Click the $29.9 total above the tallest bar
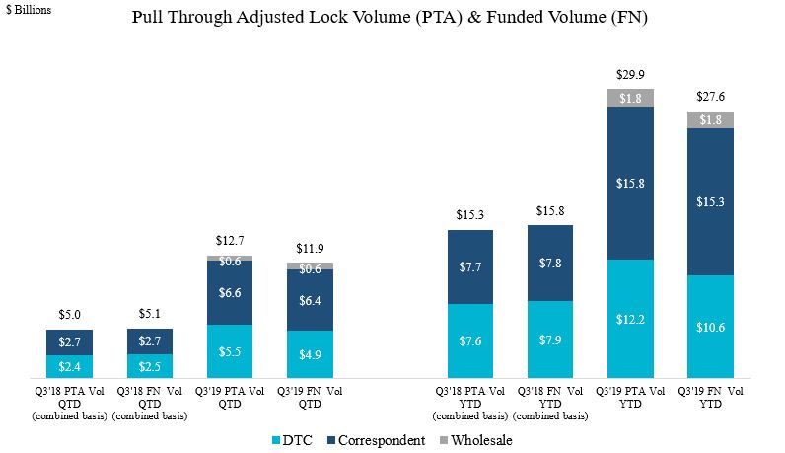(631, 75)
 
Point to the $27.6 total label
(711, 98)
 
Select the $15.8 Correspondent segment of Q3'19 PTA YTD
(631, 183)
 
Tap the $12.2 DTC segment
(631, 319)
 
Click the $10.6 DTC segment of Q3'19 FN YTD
(711, 327)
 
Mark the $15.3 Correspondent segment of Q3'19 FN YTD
(711, 201)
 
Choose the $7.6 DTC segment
(470, 341)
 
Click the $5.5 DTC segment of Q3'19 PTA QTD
(230, 351)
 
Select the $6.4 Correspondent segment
(310, 300)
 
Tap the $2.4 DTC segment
(70, 366)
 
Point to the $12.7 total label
(230, 241)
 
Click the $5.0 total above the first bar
(70, 316)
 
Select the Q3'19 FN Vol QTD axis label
(310, 397)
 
